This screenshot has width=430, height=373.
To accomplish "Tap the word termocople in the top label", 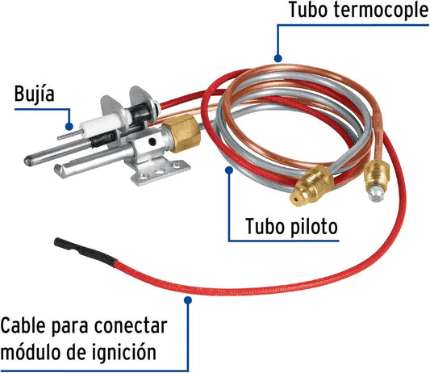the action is [381, 10].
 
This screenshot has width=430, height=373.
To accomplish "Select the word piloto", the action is [314, 227].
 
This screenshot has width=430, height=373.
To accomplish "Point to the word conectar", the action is [131, 326].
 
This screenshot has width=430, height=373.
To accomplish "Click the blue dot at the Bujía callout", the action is [69, 127].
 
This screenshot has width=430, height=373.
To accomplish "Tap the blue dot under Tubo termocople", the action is [278, 58].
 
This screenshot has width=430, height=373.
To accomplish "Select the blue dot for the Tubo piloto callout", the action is [229, 170].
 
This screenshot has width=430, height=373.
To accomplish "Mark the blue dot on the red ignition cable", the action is [188, 300].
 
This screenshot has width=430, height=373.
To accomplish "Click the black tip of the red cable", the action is [85, 251].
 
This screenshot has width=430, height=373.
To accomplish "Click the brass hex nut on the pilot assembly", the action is [182, 132].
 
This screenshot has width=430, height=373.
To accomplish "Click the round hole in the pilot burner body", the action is [152, 141].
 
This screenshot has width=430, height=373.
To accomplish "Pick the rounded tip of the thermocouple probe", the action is [29, 161].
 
